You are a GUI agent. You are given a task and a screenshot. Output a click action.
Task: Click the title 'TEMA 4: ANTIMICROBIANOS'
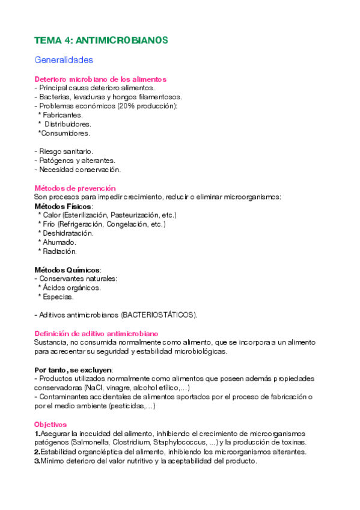tap(101, 40)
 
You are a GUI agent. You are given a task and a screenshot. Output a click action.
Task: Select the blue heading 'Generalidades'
tap(63, 60)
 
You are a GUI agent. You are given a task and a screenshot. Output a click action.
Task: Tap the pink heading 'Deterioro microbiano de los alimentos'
tap(100, 79)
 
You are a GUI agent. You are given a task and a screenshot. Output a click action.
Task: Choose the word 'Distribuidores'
tap(71, 124)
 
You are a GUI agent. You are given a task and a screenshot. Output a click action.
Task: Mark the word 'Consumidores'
tap(65, 133)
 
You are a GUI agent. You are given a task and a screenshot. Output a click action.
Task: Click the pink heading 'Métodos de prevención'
tap(75, 188)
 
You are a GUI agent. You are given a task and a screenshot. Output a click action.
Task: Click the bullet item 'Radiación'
tap(59, 251)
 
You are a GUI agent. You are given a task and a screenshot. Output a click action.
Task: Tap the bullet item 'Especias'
tap(58, 296)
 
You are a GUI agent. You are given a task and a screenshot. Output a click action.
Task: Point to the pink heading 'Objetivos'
tap(50, 425)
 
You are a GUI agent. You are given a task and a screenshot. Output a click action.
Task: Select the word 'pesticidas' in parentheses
tap(127, 407)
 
